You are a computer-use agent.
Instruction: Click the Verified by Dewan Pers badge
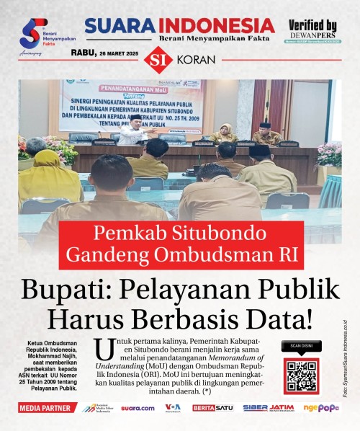[312, 29]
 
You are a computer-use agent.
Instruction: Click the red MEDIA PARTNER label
[48, 408]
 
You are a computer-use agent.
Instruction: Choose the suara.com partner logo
[138, 408]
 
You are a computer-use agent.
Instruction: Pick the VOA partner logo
[173, 408]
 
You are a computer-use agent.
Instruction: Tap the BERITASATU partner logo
[212, 408]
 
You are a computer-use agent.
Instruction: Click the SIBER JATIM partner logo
[268, 408]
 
